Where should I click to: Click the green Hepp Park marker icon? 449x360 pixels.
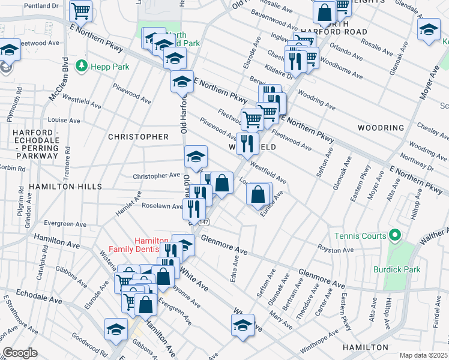coord(80,65)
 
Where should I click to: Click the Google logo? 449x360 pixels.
coord(20,353)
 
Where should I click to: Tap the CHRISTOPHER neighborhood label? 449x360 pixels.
coord(138,137)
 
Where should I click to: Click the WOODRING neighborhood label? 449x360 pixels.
coord(381,128)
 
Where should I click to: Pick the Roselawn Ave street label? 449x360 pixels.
coord(161,206)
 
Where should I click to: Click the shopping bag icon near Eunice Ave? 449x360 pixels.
coord(258,195)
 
